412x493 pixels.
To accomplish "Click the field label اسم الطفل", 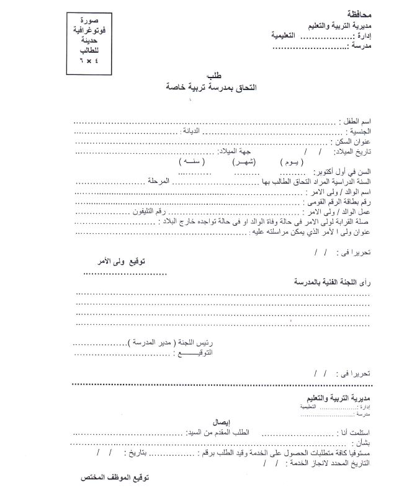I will (x=356, y=122).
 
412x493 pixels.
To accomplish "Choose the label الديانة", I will (x=192, y=132).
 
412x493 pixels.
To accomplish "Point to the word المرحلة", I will (x=159, y=182).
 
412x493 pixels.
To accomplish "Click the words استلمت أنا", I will (x=354, y=432).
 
